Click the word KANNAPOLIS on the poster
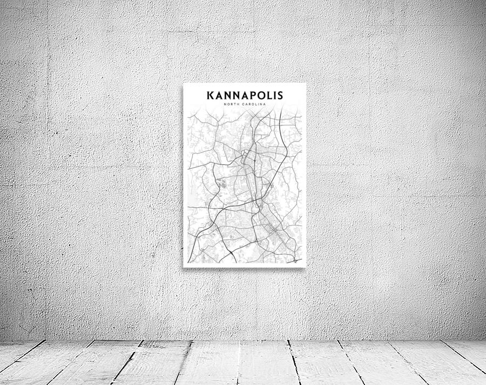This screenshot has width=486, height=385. click(x=245, y=96)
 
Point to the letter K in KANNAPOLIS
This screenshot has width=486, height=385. click(x=210, y=96)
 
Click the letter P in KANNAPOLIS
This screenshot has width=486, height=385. click(x=249, y=96)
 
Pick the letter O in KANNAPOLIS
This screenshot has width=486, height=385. click(x=259, y=96)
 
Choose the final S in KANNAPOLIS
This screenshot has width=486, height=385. click(x=279, y=96)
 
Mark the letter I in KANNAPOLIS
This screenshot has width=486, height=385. click(x=273, y=96)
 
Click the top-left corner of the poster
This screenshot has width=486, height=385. click(x=184, y=83)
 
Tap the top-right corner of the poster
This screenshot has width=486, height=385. click(x=306, y=83)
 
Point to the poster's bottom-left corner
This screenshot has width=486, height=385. click(x=184, y=267)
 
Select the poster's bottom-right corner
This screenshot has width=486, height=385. click(x=306, y=267)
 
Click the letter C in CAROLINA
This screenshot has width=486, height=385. click(x=244, y=104)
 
